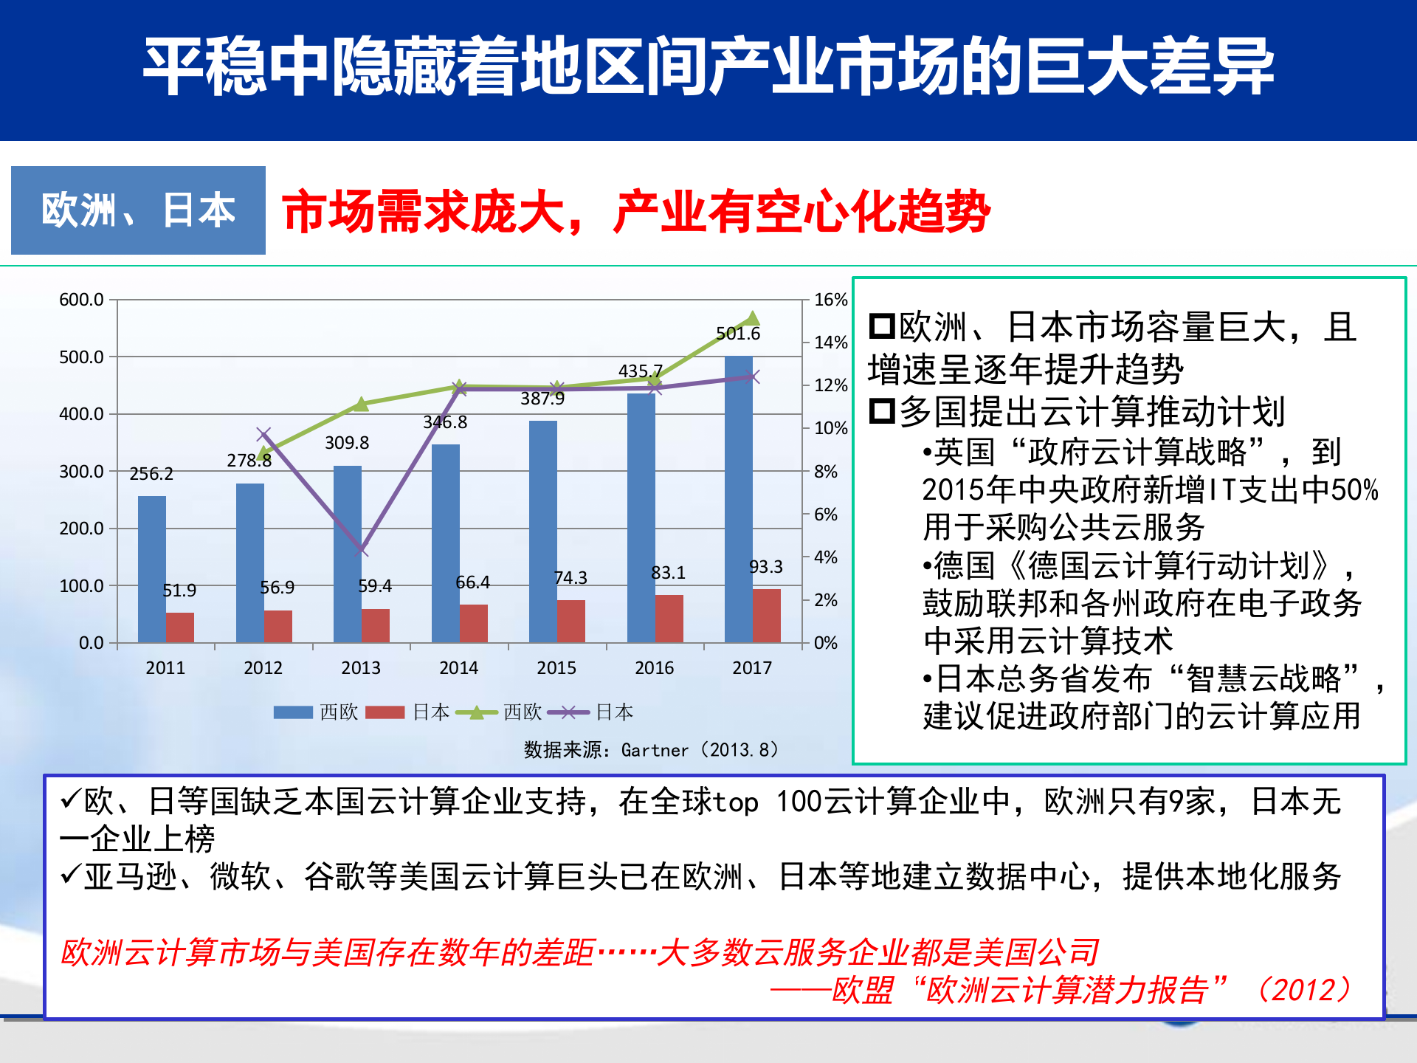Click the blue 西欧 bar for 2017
[738, 499]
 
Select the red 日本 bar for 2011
[180, 627]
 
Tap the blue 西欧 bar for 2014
[445, 543]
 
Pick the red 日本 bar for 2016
[669, 619]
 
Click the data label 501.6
[737, 334]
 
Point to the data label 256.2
[151, 474]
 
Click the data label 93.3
[765, 567]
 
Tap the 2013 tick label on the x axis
[361, 668]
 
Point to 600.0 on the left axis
[81, 300]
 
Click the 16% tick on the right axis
[830, 300]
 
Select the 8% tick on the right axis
[826, 472]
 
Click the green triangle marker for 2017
[752, 319]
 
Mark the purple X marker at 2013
[361, 550]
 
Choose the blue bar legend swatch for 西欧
[293, 712]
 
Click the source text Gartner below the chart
[654, 751]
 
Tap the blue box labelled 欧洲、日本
[138, 210]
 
